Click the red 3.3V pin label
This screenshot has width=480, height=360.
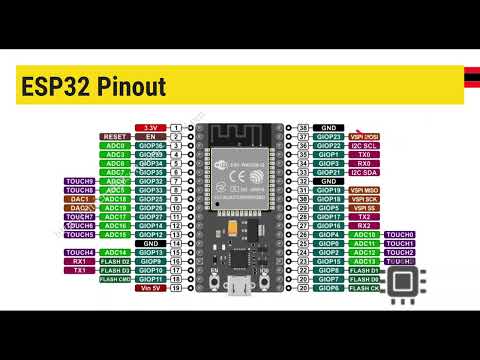click(x=151, y=128)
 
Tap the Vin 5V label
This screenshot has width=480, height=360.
click(x=151, y=288)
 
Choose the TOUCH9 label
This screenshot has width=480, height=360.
click(x=81, y=181)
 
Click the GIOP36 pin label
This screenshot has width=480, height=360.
click(x=151, y=146)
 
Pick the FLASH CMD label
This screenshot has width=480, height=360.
click(x=115, y=279)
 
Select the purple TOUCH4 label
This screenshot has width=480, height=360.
click(x=81, y=253)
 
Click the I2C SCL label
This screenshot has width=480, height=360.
click(x=361, y=146)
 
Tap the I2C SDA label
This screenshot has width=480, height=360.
click(x=361, y=172)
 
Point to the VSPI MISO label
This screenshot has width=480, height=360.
click(x=361, y=190)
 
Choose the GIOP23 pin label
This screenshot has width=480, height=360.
click(x=327, y=137)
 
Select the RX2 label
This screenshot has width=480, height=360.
click(x=361, y=226)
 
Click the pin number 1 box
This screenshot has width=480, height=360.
click(x=176, y=128)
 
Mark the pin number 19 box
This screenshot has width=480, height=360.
click(x=176, y=288)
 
